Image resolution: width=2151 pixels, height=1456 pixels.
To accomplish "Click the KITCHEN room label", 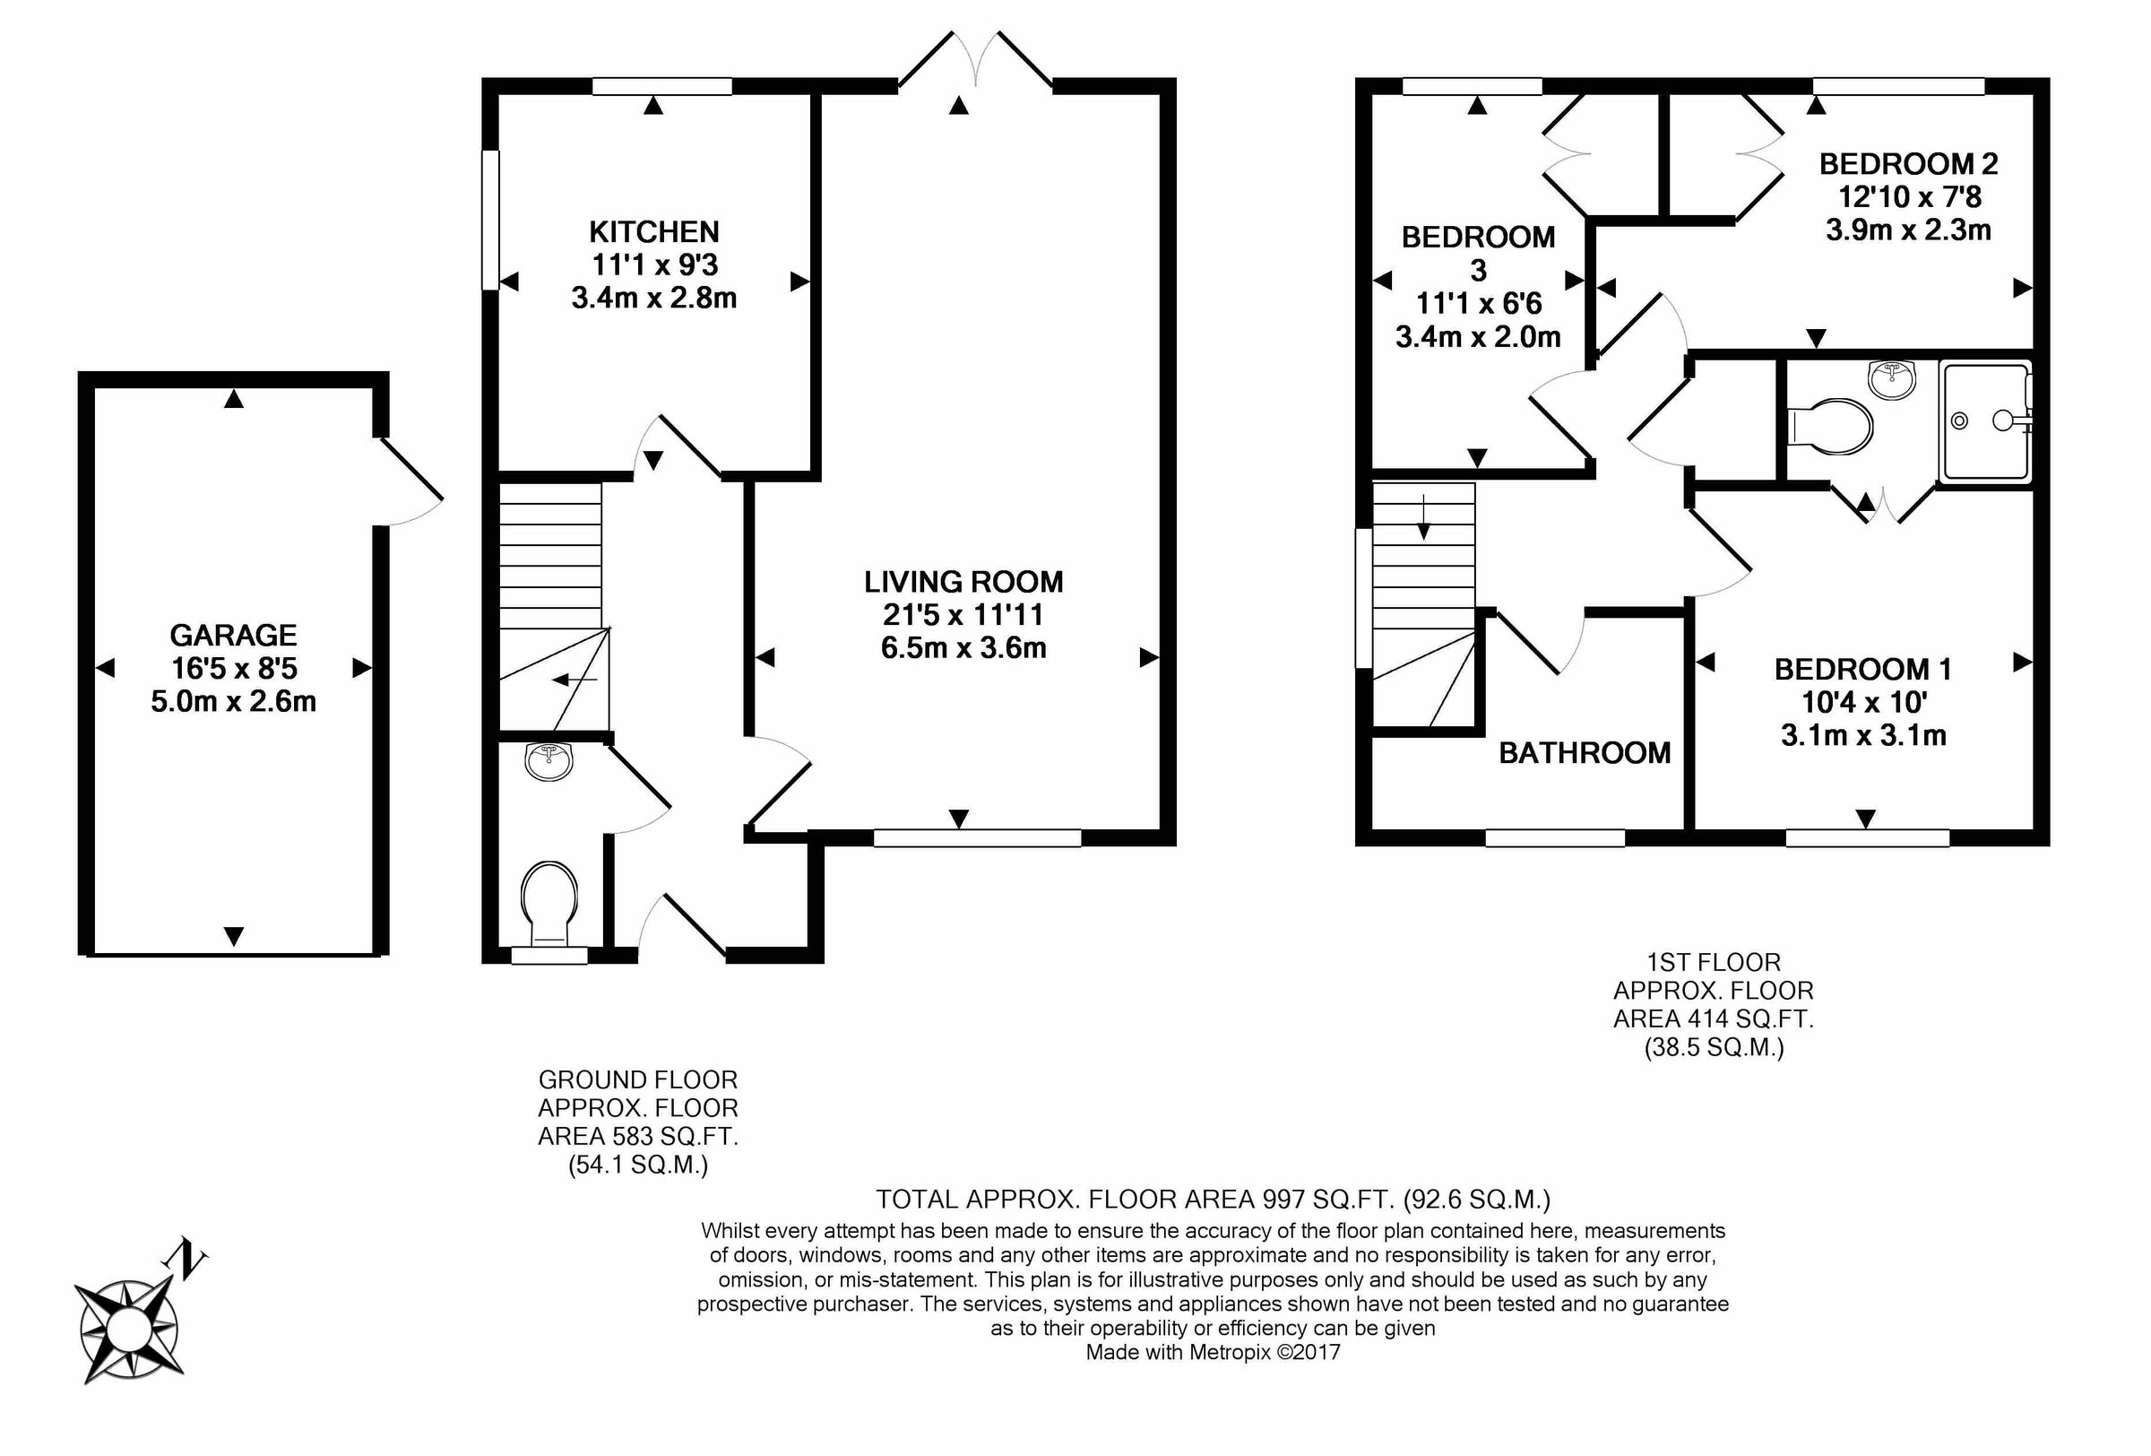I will (653, 231).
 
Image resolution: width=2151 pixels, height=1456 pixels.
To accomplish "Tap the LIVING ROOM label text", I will (963, 581).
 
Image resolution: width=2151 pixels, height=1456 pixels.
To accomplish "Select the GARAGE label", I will (233, 635).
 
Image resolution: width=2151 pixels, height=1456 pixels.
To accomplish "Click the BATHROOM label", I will (1584, 752).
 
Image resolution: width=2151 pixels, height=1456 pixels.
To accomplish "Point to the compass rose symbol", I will (128, 1331).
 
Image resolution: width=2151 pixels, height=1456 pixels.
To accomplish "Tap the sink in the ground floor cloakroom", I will (549, 761).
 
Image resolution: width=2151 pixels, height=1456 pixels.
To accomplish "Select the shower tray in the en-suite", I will (1984, 423).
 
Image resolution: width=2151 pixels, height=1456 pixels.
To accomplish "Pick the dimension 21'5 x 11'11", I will (963, 615).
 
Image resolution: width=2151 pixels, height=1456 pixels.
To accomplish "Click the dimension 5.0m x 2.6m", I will (233, 701).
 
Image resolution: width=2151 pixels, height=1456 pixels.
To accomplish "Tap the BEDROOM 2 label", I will (1907, 164).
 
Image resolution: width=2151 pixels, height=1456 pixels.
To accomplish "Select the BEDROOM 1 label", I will (1862, 668).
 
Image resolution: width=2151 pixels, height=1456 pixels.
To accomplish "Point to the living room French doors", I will (975, 60).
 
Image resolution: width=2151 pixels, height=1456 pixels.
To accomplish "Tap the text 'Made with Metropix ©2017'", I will (1213, 1352).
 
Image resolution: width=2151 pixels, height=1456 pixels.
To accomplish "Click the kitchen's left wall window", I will (490, 220).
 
